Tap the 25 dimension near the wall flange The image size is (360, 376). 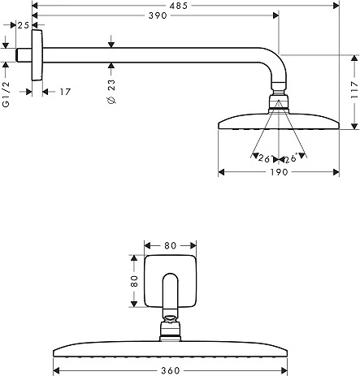[24, 26]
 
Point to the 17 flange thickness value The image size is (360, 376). [65, 92]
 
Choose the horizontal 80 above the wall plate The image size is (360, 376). [170, 244]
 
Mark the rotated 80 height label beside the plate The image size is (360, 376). [134, 280]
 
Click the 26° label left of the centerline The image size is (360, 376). [265, 159]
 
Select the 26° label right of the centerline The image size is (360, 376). [290, 159]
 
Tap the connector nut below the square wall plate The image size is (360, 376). [170, 328]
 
